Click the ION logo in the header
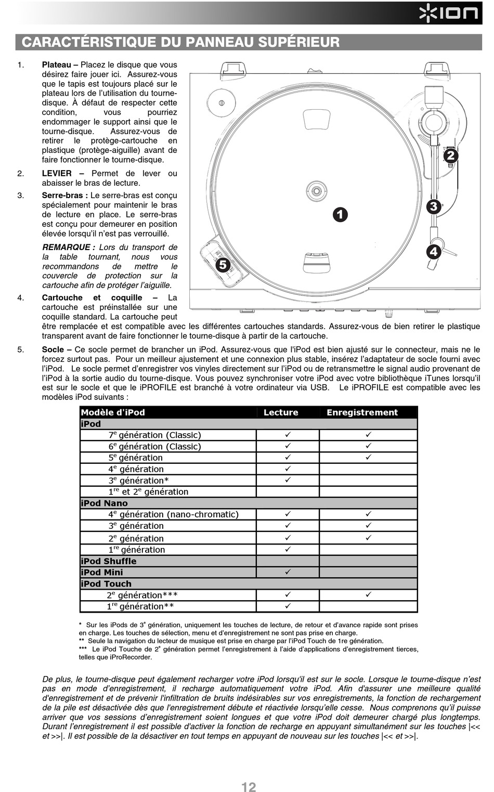(449, 13)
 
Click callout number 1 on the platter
(340, 214)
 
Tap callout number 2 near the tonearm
(450, 155)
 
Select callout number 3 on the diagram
(433, 206)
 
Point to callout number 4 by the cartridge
(433, 252)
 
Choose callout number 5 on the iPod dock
(223, 264)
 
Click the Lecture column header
(281, 412)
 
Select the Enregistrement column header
(362, 412)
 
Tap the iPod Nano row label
(104, 503)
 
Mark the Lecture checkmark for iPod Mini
(288, 572)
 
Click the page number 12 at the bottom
(249, 787)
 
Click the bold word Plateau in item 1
(56, 65)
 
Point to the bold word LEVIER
(57, 173)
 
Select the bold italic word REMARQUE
(66, 248)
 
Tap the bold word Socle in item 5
(53, 349)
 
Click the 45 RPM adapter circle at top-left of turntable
(222, 102)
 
